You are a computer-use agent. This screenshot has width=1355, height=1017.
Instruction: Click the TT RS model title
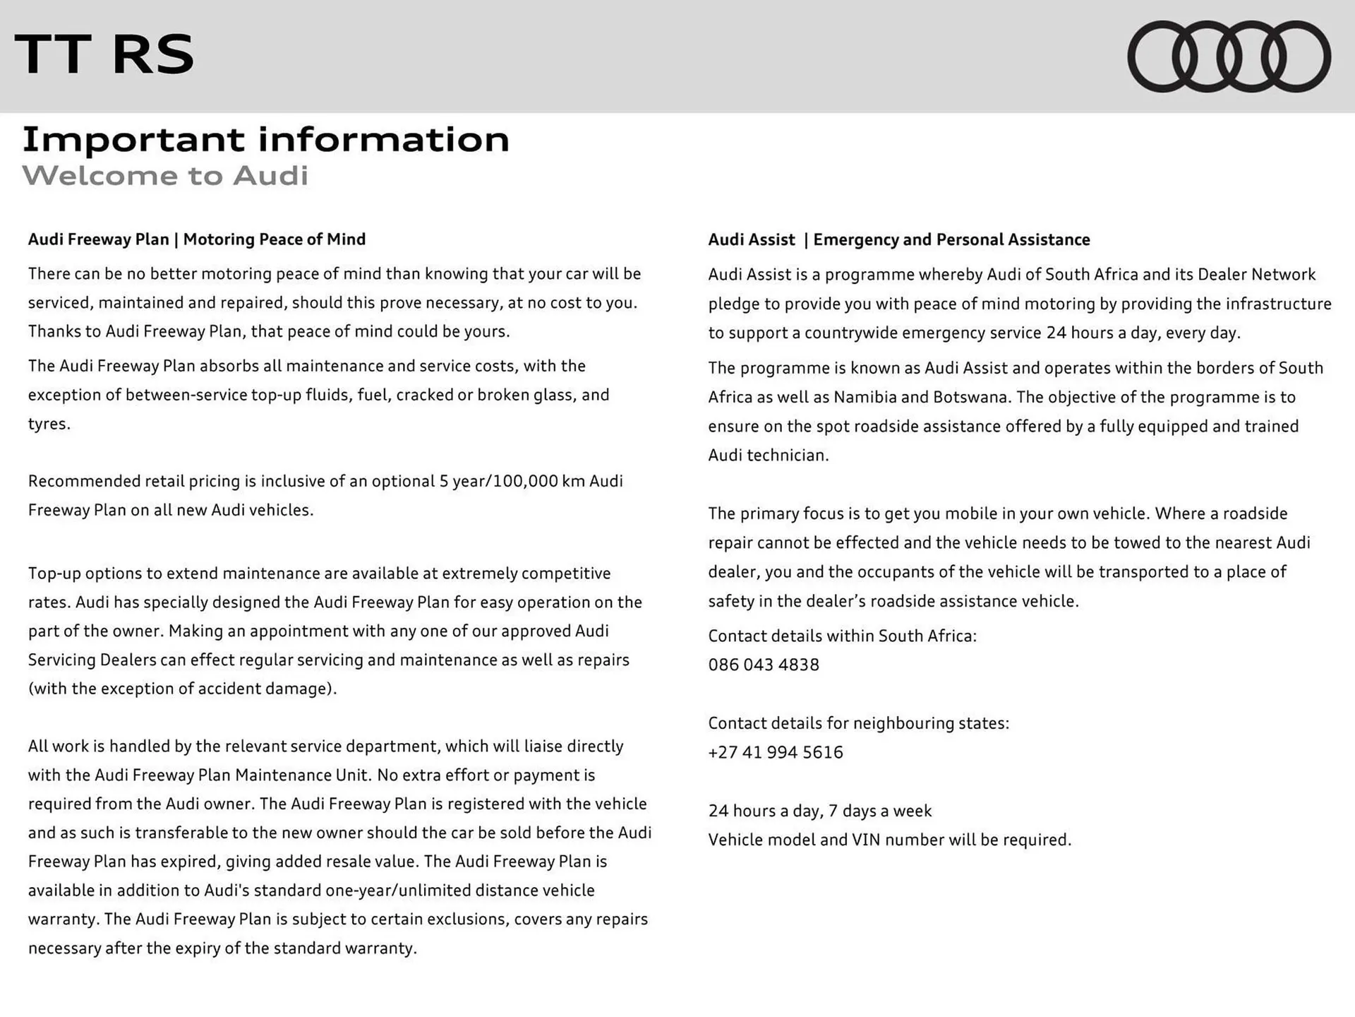[x=104, y=54]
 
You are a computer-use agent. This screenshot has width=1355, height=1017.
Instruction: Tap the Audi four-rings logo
[x=1229, y=56]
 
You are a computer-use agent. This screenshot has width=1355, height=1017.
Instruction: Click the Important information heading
[x=265, y=139]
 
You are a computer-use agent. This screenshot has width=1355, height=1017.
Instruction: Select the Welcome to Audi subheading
[x=165, y=175]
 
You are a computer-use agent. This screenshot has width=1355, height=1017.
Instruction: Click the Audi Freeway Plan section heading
[x=197, y=239]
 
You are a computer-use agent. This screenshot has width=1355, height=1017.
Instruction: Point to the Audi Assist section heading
[x=898, y=240]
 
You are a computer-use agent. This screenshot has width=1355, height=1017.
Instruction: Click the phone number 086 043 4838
[x=764, y=665]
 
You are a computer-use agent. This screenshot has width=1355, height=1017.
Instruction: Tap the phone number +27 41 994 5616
[x=776, y=752]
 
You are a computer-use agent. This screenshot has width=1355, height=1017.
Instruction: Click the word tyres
[x=48, y=424]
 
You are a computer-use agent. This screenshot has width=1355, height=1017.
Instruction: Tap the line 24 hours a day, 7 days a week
[x=819, y=811]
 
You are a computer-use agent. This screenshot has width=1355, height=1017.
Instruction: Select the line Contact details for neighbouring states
[x=858, y=723]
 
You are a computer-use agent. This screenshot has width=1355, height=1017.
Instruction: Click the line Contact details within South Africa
[x=842, y=636]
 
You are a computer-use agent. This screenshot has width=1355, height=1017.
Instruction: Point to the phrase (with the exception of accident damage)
[x=182, y=689]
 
